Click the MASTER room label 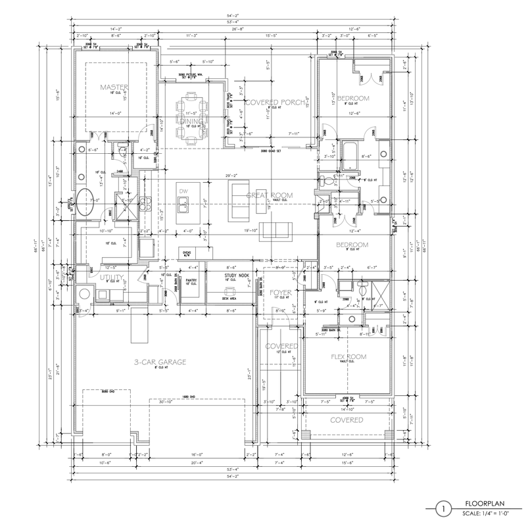(114, 87)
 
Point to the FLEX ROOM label (348, 357)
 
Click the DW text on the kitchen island (183, 191)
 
